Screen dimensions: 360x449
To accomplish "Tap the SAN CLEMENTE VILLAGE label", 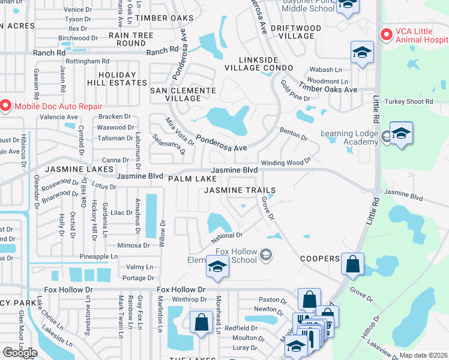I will click(182, 94).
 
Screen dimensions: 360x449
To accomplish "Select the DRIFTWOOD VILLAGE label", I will click(291, 32).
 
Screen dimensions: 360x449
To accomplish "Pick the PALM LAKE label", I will click(192, 179).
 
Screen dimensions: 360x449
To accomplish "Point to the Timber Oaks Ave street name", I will click(328, 89).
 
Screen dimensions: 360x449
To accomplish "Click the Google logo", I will click(20, 352).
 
